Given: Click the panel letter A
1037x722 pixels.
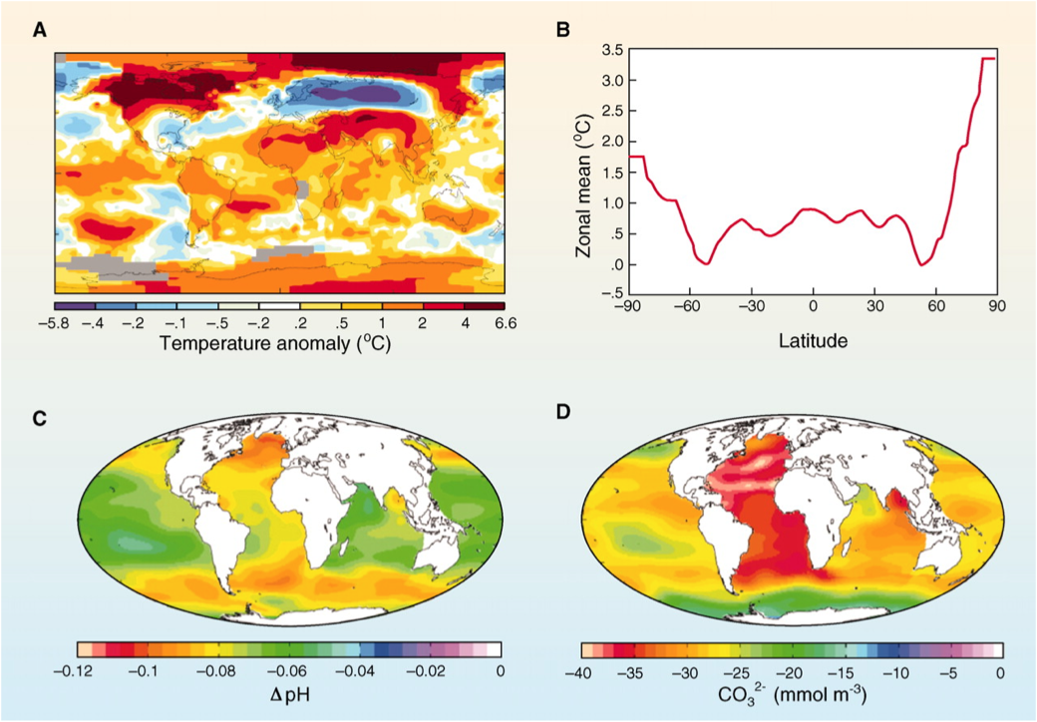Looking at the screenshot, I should (x=40, y=31).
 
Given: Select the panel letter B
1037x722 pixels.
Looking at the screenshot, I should (x=563, y=31).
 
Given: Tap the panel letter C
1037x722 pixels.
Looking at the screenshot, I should (x=40, y=419).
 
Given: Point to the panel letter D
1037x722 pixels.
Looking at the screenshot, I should (x=563, y=419).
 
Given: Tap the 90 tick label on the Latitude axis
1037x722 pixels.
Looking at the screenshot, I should (x=994, y=306).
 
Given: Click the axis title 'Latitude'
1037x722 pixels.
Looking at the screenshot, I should (x=813, y=341).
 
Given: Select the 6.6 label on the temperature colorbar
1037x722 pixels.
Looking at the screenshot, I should (x=492, y=324).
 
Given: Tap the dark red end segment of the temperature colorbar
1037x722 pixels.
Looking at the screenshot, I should (x=483, y=305).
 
